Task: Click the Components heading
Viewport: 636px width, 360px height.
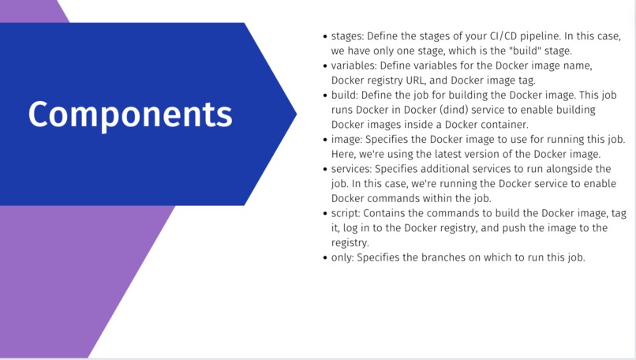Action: [x=130, y=114]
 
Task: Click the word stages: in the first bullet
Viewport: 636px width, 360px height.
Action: [x=348, y=36]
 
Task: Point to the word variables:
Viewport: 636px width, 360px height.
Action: [x=356, y=66]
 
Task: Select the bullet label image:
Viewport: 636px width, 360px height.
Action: [x=349, y=139]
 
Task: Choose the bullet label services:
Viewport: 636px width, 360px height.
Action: [x=352, y=169]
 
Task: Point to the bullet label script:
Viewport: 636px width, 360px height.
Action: [x=346, y=213]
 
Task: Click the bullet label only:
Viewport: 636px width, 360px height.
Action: [x=343, y=257]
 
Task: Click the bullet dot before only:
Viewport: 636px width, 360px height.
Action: [x=325, y=257]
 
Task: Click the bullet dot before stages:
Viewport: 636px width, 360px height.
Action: [x=325, y=36]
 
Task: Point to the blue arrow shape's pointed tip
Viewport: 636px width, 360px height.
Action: [x=296, y=114]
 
